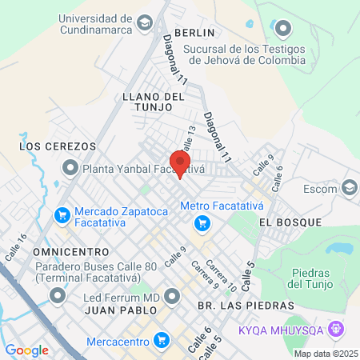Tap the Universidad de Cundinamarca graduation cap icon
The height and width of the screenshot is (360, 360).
pyautogui.click(x=145, y=21)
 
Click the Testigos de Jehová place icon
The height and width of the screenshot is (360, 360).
pyautogui.click(x=282, y=30)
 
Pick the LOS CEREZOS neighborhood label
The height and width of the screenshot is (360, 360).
pyautogui.click(x=58, y=146)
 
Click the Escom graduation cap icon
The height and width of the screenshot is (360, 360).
pyautogui.click(x=349, y=188)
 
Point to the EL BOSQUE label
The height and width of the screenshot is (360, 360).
pyautogui.click(x=290, y=222)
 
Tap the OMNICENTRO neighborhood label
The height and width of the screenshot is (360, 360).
pyautogui.click(x=54, y=251)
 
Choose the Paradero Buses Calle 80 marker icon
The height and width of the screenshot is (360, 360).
pyautogui.click(x=57, y=296)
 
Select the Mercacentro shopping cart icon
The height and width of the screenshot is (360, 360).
pyautogui.click(x=162, y=339)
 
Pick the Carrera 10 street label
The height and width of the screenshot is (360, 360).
pyautogui.click(x=220, y=274)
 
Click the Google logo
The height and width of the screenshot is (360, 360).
pyautogui.click(x=26, y=350)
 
